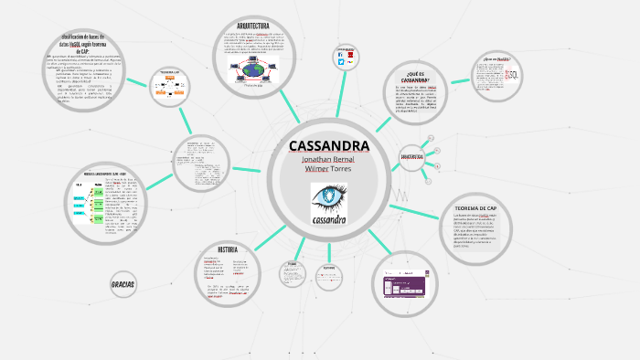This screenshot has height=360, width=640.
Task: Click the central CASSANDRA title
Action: pyautogui.click(x=329, y=146)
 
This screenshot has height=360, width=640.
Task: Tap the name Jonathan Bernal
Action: pyautogui.click(x=329, y=160)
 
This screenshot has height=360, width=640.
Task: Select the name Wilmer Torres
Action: pyautogui.click(x=329, y=170)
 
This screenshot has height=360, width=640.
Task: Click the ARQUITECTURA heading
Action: pyautogui.click(x=252, y=26)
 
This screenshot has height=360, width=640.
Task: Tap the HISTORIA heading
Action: pyautogui.click(x=228, y=249)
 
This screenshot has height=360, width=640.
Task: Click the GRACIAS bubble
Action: pyautogui.click(x=123, y=285)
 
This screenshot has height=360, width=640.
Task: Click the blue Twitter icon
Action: pyautogui.click(x=341, y=56)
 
